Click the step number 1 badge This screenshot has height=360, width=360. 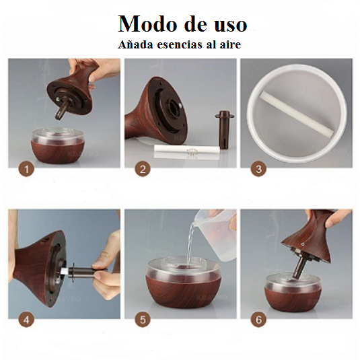click(26, 170)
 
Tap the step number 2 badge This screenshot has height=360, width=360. click(142, 170)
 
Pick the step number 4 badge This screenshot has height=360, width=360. click(26, 320)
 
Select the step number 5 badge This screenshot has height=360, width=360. click(142, 320)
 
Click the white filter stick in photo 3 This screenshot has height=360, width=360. click(297, 114)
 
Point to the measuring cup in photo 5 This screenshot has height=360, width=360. click(218, 225)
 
